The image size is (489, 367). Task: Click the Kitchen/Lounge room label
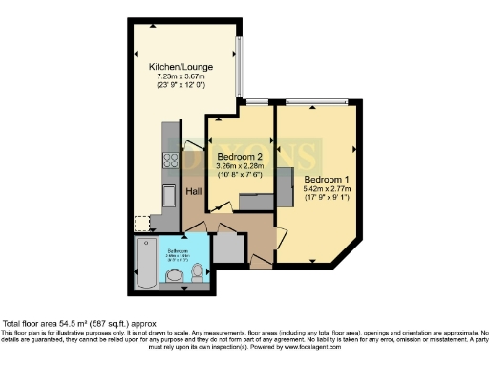click(180, 67)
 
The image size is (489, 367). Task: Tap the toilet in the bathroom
click(198, 274)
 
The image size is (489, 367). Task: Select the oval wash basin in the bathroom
click(174, 277)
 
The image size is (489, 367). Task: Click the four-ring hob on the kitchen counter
click(172, 161)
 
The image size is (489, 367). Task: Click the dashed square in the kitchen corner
click(141, 224)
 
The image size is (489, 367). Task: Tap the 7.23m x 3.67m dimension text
click(180, 77)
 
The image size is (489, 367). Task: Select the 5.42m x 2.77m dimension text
click(328, 189)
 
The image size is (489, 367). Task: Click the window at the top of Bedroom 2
click(255, 101)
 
